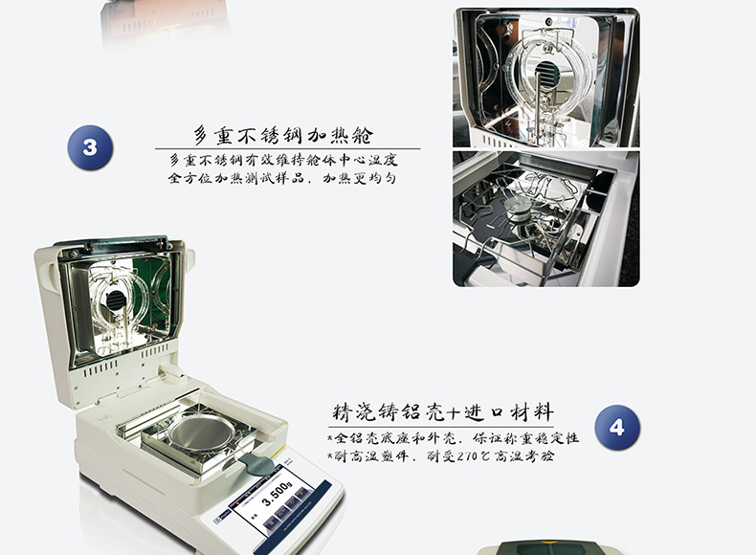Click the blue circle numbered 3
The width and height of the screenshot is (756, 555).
90,147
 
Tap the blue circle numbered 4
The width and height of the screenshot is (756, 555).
617,428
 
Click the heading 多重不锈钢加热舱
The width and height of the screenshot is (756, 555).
283,135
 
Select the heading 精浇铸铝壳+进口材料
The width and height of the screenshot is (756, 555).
443,412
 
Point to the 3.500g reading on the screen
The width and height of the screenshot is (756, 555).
278,495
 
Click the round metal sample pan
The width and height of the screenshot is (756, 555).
201,433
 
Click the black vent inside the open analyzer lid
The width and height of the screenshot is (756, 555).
116,300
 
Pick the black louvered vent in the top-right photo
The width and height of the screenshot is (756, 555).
546,74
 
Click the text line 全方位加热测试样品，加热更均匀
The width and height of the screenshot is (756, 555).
282,178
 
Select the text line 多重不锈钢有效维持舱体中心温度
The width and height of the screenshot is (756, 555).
283,160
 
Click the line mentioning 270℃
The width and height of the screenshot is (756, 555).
440,455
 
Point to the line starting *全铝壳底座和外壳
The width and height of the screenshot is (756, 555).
453,438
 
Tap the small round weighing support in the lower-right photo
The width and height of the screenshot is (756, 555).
517,208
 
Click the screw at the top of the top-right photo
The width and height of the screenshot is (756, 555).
548,22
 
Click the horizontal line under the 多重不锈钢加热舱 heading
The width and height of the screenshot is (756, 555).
287,149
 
